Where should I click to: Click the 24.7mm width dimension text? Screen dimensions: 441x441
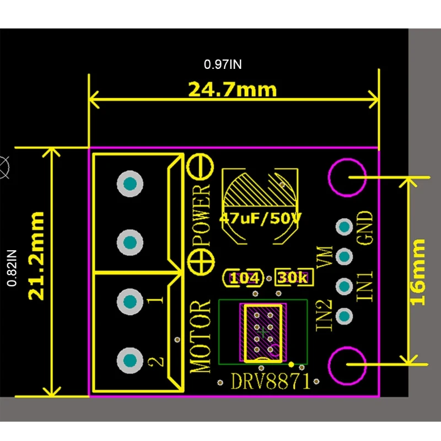(232, 89)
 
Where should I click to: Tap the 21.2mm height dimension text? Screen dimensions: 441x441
(37, 255)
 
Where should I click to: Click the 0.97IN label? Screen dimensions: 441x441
(223, 64)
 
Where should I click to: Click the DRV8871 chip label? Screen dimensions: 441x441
(270, 381)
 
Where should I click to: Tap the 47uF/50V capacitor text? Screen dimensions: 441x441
(260, 218)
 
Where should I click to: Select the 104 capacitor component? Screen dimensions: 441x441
(244, 278)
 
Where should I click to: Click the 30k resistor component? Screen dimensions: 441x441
(294, 278)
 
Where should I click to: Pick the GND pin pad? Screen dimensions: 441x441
(345, 227)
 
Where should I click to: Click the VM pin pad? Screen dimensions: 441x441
(345, 256)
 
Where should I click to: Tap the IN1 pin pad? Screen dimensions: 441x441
(345, 286)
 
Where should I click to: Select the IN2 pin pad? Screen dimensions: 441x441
(345, 316)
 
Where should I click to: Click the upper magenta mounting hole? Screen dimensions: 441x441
(347, 177)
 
